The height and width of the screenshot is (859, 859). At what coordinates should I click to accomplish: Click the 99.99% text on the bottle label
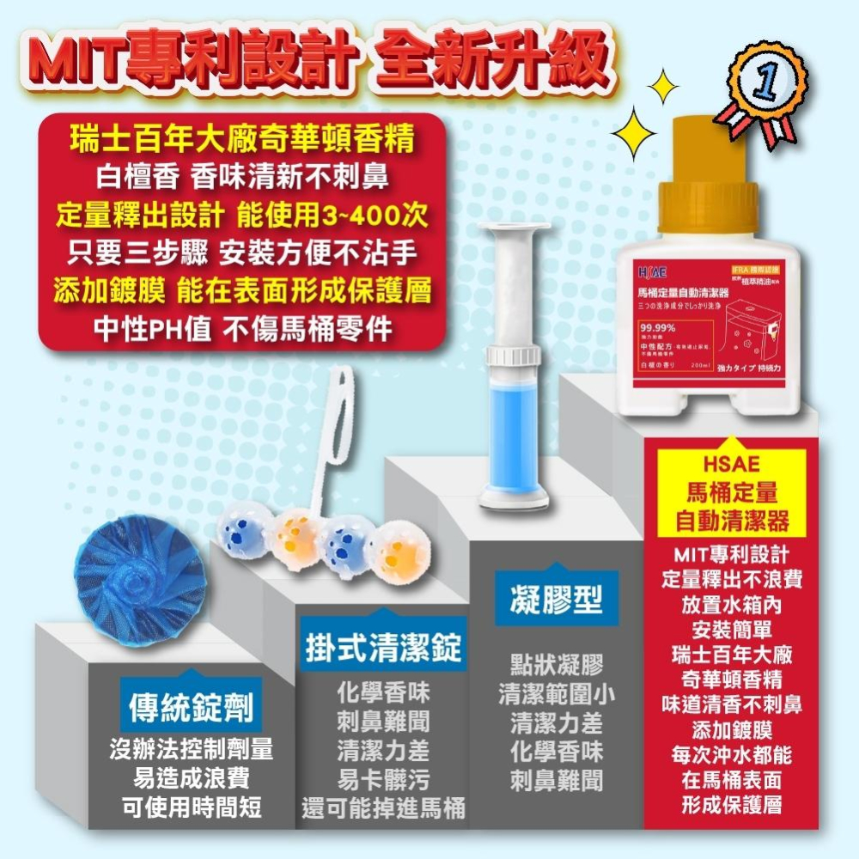pyautogui.click(x=659, y=327)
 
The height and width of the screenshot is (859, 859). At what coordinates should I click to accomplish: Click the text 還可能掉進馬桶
pyautogui.click(x=383, y=808)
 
